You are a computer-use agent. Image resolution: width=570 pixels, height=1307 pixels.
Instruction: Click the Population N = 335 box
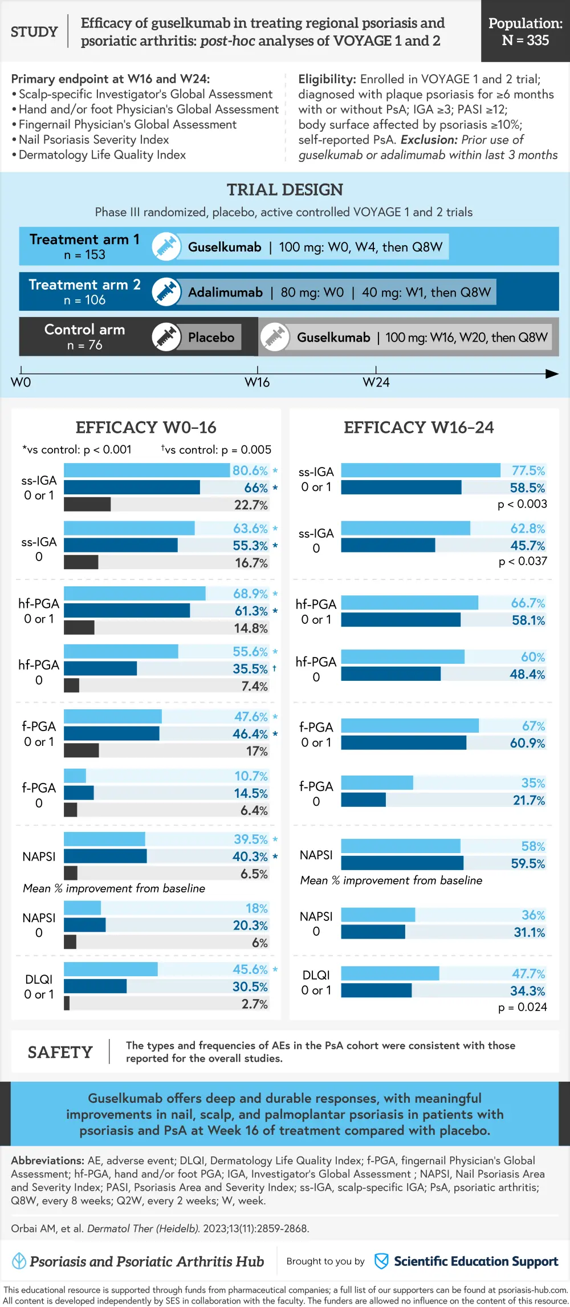(525, 31)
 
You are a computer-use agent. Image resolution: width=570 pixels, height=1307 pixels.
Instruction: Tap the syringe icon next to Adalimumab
(166, 291)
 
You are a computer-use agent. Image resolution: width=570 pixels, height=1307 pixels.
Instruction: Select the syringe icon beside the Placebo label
(166, 336)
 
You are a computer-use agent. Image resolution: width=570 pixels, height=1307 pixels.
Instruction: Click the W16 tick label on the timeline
(257, 382)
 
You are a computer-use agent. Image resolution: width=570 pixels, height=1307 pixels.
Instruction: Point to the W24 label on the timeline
(376, 382)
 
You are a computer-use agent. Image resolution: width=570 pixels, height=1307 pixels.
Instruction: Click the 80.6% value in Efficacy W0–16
(250, 470)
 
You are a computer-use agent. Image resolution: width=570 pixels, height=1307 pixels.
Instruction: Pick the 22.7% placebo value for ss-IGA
(251, 505)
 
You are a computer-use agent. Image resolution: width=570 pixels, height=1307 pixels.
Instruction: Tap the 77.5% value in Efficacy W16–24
(528, 470)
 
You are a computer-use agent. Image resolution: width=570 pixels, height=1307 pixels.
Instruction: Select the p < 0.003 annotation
(522, 504)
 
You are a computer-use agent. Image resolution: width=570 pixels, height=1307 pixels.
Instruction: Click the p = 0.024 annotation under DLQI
(522, 1007)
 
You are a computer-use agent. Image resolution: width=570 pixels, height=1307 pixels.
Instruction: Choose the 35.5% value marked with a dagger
(250, 668)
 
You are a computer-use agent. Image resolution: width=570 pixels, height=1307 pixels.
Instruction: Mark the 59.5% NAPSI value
(528, 863)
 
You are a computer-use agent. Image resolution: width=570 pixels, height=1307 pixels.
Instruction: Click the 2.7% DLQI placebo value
(254, 1004)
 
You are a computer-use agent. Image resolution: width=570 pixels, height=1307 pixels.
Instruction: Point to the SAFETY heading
(60, 1052)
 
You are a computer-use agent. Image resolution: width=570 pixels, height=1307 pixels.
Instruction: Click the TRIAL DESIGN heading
(285, 189)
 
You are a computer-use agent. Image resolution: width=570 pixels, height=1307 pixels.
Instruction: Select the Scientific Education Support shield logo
(381, 1261)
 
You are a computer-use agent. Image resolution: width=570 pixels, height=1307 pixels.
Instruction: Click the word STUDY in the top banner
(34, 32)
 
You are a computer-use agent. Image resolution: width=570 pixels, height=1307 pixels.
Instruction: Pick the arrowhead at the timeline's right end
(552, 374)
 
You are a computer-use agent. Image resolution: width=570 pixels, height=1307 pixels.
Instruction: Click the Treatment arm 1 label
(84, 240)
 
